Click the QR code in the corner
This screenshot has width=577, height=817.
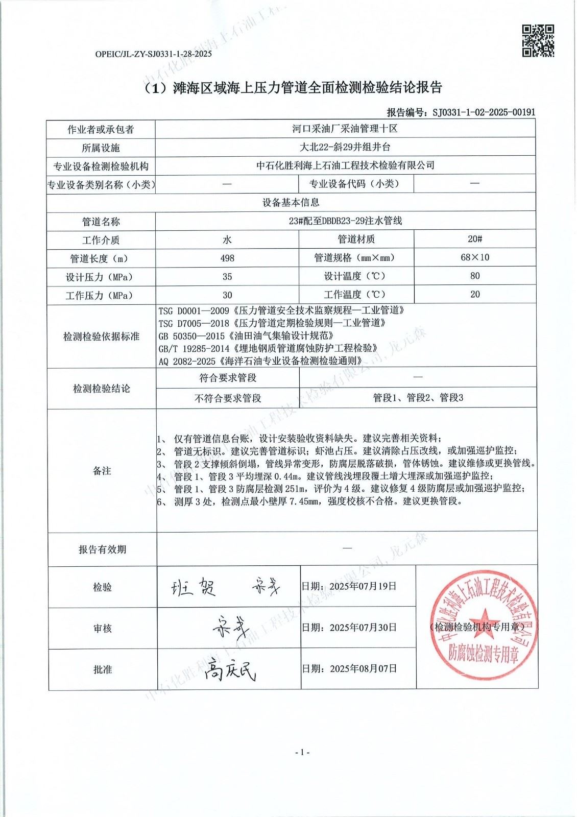pyautogui.click(x=538, y=40)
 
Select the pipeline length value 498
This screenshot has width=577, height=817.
pyautogui.click(x=227, y=258)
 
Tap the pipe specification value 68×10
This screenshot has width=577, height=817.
pyautogui.click(x=474, y=257)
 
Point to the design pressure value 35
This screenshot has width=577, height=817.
pyautogui.click(x=227, y=277)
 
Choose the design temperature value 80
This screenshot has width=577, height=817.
pyautogui.click(x=475, y=276)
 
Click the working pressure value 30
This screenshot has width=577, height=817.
pyautogui.click(x=227, y=295)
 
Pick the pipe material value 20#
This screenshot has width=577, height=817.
pyautogui.click(x=475, y=239)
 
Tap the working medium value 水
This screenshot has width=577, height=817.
pyautogui.click(x=227, y=240)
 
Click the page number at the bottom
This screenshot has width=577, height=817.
pyautogui.click(x=302, y=752)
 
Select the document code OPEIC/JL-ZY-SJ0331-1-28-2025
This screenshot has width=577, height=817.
pyautogui.click(x=154, y=53)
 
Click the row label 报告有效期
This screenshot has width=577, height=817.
pyautogui.click(x=102, y=549)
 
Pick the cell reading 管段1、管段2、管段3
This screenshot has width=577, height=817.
pyautogui.click(x=418, y=398)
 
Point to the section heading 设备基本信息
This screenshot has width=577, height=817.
pyautogui.click(x=291, y=203)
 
